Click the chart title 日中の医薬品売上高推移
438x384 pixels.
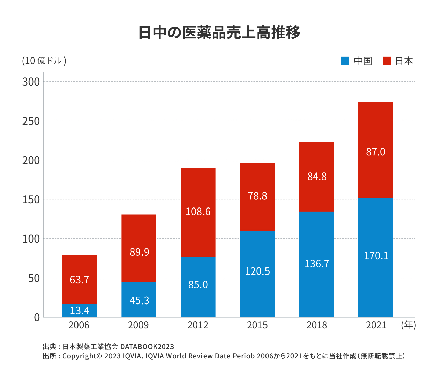pos(219,33)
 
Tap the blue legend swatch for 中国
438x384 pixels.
pos(345,61)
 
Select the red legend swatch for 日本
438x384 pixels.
pos(387,61)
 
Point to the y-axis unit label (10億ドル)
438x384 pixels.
pos(44,61)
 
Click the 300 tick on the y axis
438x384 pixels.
pos(31,82)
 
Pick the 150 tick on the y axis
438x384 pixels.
pos(31,199)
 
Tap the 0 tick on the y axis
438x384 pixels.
pos(37,317)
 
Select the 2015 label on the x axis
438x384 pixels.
pos(257,325)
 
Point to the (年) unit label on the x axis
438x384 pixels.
pos(408,325)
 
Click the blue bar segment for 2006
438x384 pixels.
pos(80,310)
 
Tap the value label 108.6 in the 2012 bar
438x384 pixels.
pos(198,212)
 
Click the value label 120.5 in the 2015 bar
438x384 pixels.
pos(257,271)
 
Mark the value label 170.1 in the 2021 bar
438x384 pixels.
pos(376,256)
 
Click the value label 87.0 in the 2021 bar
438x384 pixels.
pos(376,152)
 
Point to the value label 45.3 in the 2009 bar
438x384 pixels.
pos(139,300)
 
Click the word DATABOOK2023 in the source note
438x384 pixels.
pos(147,347)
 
